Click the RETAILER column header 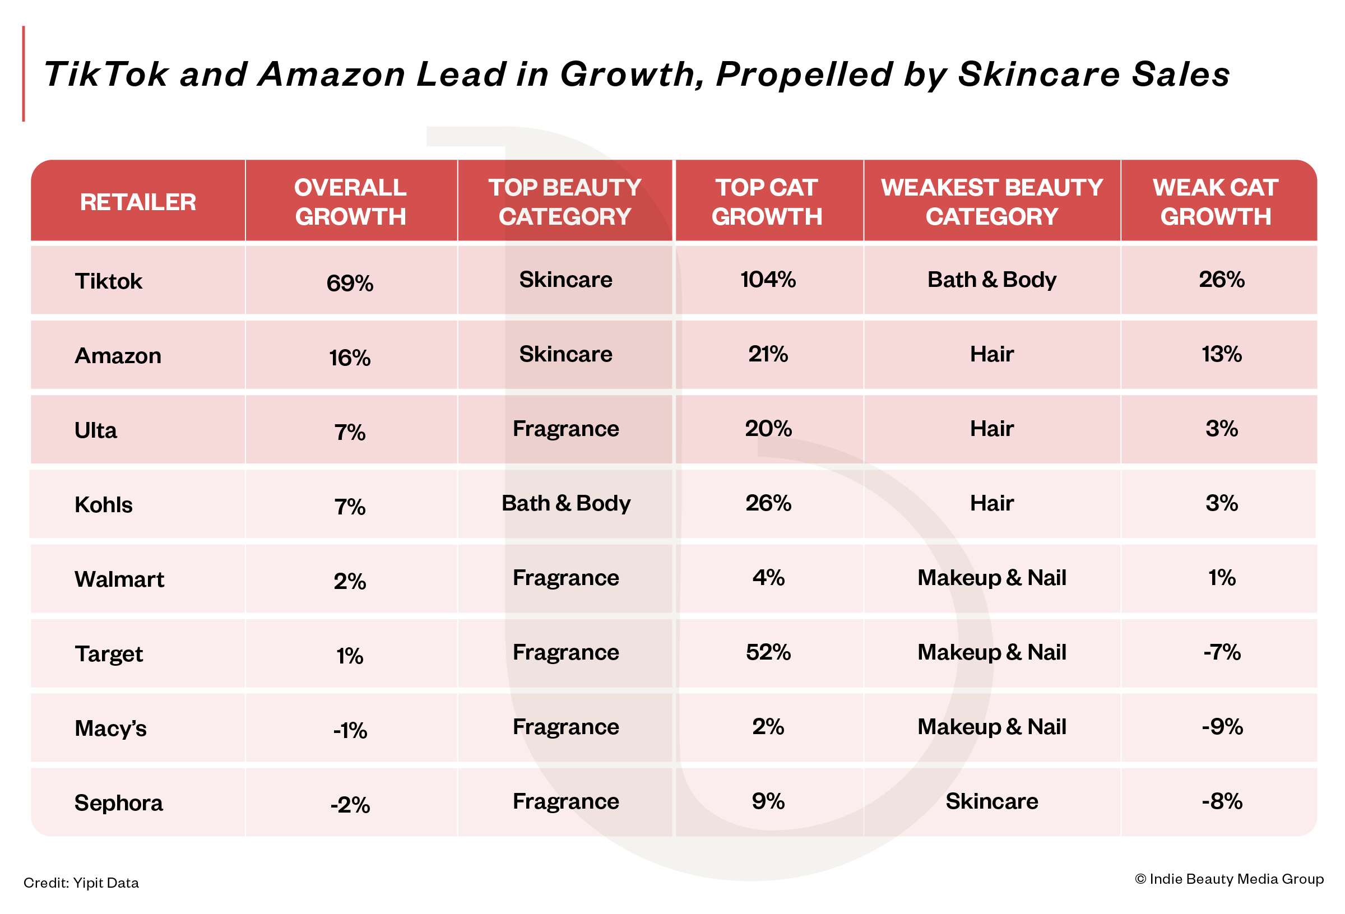(138, 202)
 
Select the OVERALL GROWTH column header (350, 202)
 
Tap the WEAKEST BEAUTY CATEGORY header (991, 202)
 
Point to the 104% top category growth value (768, 280)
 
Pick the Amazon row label (118, 355)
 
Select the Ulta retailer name (95, 430)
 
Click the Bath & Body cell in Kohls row (565, 503)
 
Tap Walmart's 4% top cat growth (768, 578)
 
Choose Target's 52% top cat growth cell (768, 652)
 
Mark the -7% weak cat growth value (1222, 652)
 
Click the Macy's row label (110, 728)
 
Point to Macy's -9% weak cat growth (1222, 726)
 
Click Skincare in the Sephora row (991, 801)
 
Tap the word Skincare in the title (1039, 75)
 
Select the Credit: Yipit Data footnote (81, 883)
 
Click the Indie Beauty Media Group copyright (1229, 879)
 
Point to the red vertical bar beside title (24, 73)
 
